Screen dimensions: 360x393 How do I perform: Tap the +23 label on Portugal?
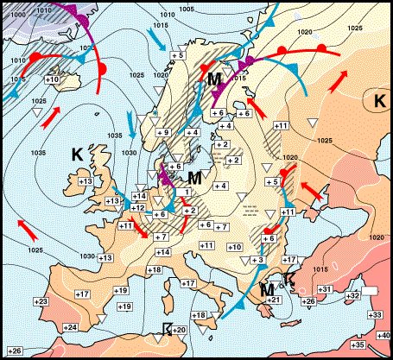(41, 300)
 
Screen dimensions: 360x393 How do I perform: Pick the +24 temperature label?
(71, 327)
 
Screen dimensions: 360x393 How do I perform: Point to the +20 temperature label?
(180, 331)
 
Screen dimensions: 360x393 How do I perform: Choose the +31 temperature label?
(326, 288)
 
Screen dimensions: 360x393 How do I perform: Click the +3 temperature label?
(257, 260)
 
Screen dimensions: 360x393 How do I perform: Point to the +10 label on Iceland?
(51, 79)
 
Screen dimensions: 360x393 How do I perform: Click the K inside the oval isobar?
(379, 101)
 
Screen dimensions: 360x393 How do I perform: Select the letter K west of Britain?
(76, 155)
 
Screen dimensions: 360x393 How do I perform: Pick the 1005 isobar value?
(186, 9)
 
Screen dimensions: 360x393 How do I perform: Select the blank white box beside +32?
(371, 292)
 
